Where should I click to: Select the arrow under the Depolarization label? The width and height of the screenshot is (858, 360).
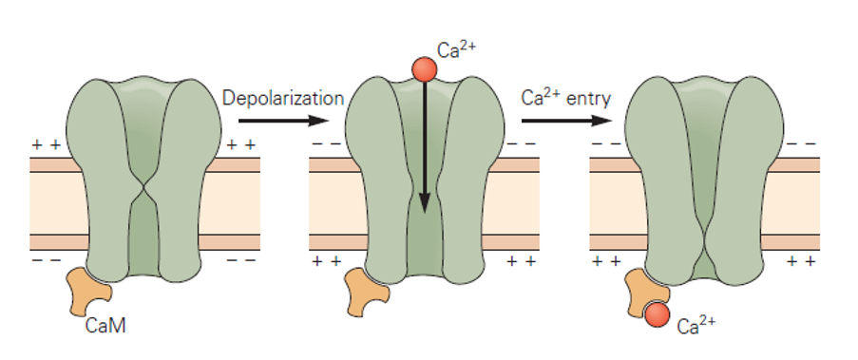click(x=283, y=121)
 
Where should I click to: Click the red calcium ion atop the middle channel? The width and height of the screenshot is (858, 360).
click(x=424, y=68)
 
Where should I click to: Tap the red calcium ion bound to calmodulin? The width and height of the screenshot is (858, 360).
click(x=656, y=313)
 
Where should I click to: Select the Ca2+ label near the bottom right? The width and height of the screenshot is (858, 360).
click(x=696, y=328)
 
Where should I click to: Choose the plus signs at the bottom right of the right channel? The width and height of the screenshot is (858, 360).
click(x=800, y=258)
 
